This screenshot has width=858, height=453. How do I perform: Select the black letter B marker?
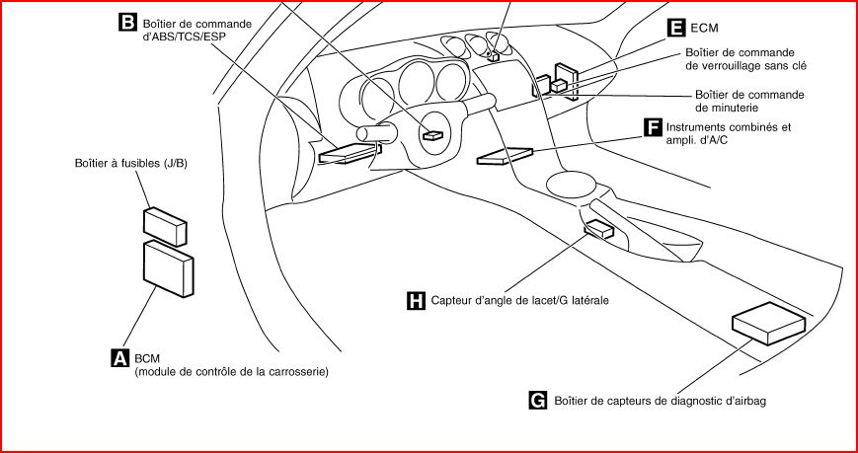[127, 19]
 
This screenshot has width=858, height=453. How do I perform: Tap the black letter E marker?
[676, 29]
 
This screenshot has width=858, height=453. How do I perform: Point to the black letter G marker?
[538, 400]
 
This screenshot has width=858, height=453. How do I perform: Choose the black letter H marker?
[416, 299]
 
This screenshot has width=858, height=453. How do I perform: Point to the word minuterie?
[727, 108]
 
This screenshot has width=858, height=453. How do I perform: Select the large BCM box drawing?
[168, 268]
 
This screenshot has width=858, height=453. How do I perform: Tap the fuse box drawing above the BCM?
[165, 226]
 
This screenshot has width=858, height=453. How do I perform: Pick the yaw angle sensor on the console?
[598, 230]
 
